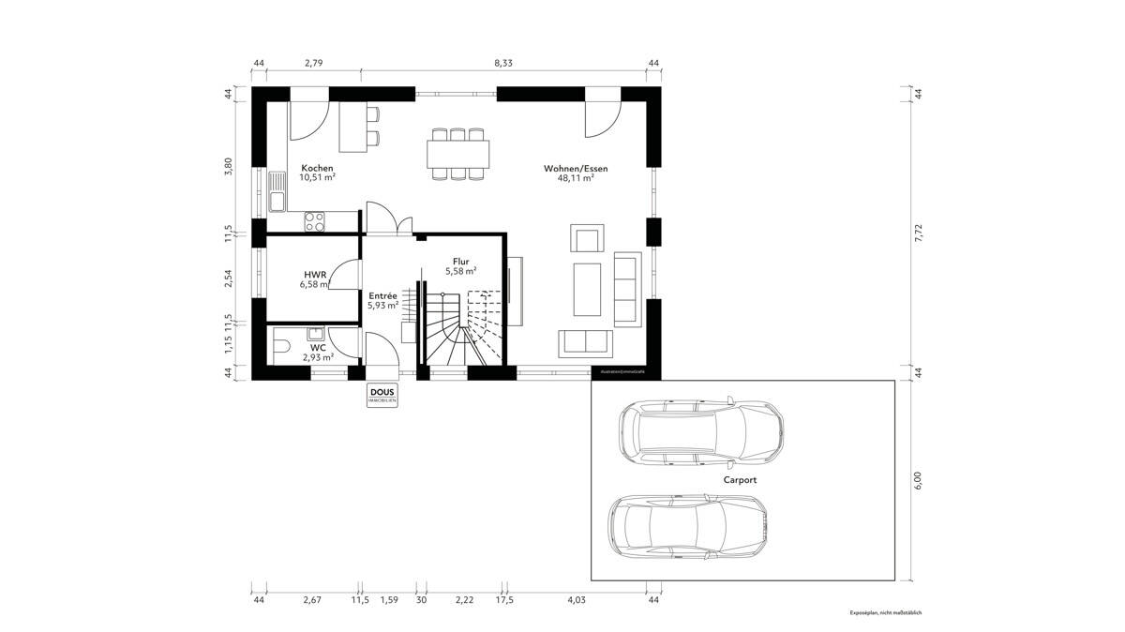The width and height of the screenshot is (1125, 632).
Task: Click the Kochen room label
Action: (x=317, y=168)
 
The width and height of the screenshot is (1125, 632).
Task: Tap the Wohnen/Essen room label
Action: (x=575, y=169)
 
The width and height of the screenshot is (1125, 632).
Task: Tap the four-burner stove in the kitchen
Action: (x=314, y=221)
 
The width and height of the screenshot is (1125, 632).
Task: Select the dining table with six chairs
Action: (x=458, y=153)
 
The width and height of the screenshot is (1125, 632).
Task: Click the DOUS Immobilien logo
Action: (x=382, y=395)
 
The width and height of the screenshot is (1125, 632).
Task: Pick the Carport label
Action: (x=740, y=479)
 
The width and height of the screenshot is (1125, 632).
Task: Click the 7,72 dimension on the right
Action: (x=919, y=233)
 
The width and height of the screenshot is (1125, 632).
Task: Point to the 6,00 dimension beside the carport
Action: (x=919, y=479)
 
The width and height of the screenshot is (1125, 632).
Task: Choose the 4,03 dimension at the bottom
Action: (x=577, y=599)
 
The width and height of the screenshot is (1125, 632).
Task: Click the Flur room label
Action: (x=460, y=263)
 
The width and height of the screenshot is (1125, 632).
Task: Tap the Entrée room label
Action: (x=382, y=295)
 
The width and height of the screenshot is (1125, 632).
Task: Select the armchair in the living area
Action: (x=588, y=240)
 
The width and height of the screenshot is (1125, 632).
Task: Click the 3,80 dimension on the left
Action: (x=228, y=167)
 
